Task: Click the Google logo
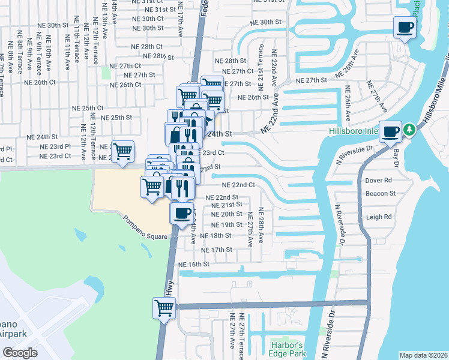(x=20, y=352)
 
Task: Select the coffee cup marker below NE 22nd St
(x=182, y=212)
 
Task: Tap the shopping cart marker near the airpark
(x=164, y=308)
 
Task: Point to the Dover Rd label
(x=379, y=180)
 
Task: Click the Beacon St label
(x=381, y=193)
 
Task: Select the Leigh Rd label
(x=379, y=217)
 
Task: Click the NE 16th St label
(x=193, y=264)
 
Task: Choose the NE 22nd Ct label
(x=238, y=185)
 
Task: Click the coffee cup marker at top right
(x=405, y=28)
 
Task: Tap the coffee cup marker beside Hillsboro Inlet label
(x=391, y=131)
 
